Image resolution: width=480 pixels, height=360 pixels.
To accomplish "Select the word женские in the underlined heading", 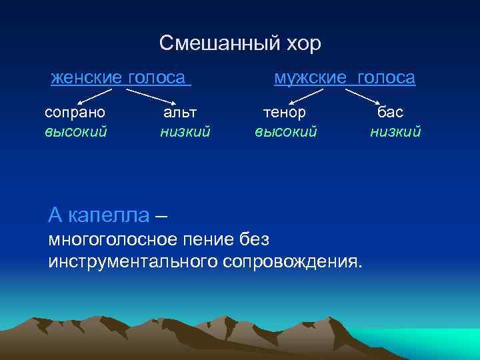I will coord(86,78).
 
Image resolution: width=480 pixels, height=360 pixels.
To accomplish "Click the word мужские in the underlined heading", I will coord(310,78).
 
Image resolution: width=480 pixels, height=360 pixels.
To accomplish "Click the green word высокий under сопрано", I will coord(75,131).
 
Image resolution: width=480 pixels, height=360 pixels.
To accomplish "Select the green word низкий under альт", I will coord(185,131).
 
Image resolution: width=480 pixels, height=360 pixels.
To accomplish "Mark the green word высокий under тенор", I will coord(285,131).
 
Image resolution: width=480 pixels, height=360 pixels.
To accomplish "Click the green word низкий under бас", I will coord(395,131).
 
